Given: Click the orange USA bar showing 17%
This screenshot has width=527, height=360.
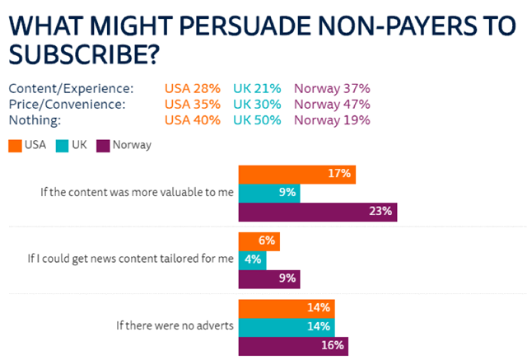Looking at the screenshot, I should (296, 174).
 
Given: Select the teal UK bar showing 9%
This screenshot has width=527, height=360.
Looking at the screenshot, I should (268, 193).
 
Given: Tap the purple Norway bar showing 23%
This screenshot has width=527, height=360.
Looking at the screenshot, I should (317, 212).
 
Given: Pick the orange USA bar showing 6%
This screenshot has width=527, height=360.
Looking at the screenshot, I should (259, 241).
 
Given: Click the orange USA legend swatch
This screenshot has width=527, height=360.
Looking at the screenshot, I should (15, 145).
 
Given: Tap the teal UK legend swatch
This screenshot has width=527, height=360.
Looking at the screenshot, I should (63, 145).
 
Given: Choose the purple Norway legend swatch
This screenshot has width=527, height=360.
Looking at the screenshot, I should (104, 145).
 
